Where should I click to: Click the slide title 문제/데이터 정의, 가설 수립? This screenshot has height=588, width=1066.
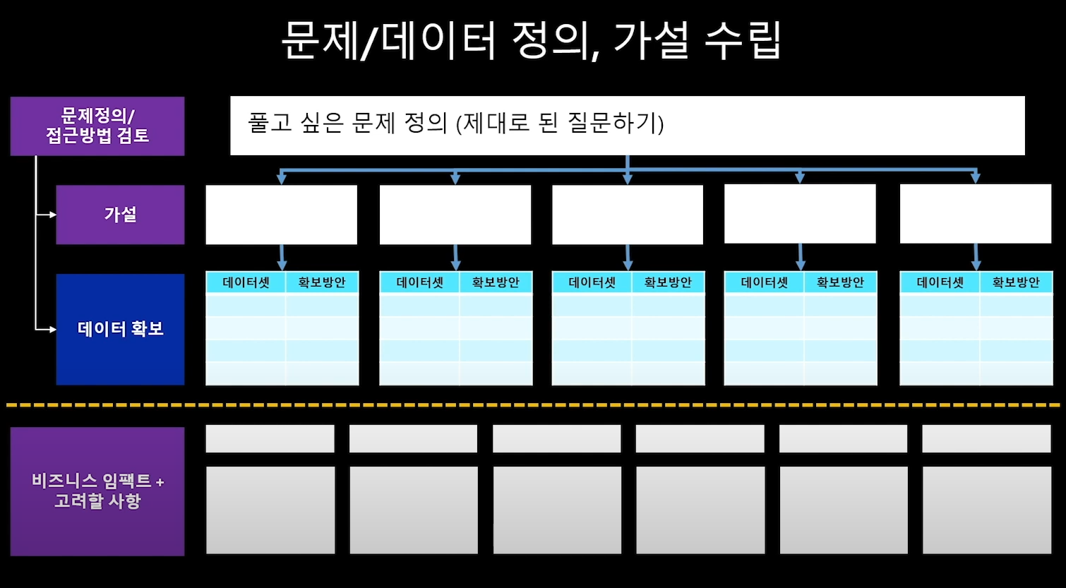(531, 40)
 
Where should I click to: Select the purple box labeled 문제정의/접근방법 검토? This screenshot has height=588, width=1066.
(97, 126)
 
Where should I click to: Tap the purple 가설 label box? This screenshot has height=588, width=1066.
(120, 215)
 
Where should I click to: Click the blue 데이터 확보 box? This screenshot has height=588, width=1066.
(120, 329)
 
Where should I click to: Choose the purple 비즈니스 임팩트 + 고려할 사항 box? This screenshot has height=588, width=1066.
(97, 491)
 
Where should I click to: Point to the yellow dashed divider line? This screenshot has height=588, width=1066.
(533, 405)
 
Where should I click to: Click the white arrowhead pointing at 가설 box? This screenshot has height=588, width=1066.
(52, 215)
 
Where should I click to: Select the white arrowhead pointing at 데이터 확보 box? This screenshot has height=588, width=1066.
(52, 329)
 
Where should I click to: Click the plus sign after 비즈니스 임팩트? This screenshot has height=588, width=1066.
(160, 483)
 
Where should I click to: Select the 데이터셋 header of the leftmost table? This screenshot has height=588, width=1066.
(246, 282)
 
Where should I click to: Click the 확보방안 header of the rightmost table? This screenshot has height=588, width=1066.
(1016, 282)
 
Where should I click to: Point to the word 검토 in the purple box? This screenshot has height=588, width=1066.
(133, 136)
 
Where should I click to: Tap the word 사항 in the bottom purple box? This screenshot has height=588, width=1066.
(124, 501)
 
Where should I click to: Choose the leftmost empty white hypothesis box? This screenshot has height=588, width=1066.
(281, 215)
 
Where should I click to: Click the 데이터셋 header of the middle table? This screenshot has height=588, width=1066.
(592, 282)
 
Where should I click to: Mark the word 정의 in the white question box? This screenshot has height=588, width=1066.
(426, 124)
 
